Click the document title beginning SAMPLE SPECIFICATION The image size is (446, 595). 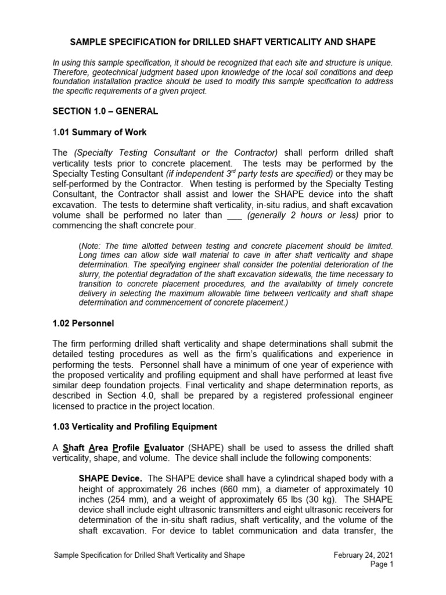(x=222, y=42)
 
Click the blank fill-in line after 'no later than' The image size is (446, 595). (x=235, y=216)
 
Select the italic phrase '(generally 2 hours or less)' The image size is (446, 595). (x=297, y=216)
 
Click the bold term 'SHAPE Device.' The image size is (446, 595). (x=110, y=478)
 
